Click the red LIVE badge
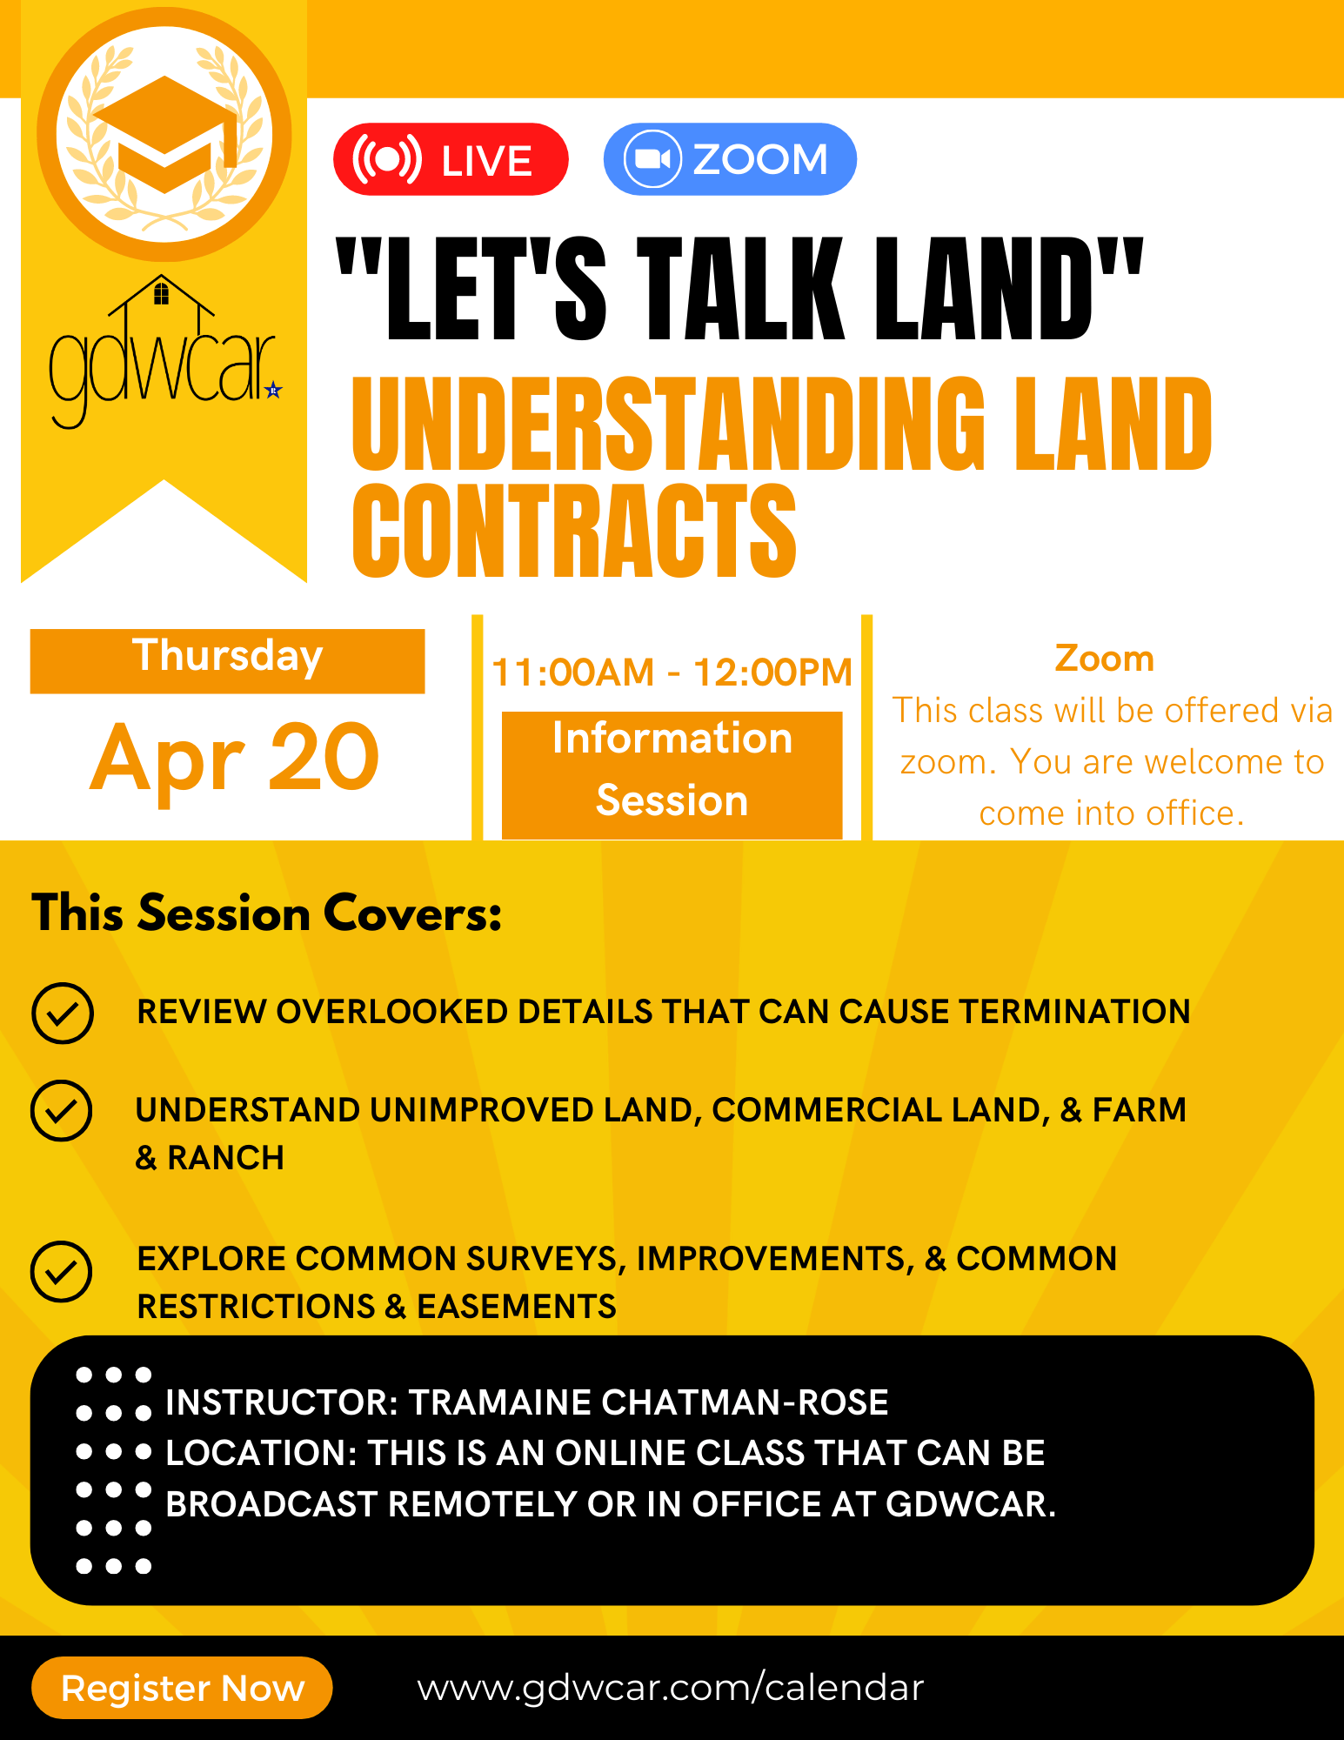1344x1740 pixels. pyautogui.click(x=451, y=160)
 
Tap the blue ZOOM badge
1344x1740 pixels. pyautogui.click(x=730, y=159)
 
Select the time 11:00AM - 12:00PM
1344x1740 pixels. pyautogui.click(x=672, y=673)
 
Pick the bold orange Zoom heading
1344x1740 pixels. pyautogui.click(x=1104, y=659)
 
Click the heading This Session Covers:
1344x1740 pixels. pyautogui.click(x=267, y=913)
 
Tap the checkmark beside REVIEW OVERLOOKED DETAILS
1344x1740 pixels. pyautogui.click(x=63, y=1013)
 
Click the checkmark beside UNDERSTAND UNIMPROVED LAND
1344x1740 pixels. pyautogui.click(x=62, y=1111)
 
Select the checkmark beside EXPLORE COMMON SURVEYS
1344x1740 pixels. pyautogui.click(x=62, y=1272)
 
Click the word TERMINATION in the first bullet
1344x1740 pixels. pyautogui.click(x=1074, y=1012)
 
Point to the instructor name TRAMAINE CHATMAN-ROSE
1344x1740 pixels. pyautogui.click(x=649, y=1402)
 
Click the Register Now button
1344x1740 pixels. pyautogui.click(x=182, y=1688)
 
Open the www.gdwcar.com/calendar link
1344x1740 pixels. pyautogui.click(x=670, y=1688)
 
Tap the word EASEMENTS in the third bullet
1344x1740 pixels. pyautogui.click(x=517, y=1307)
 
